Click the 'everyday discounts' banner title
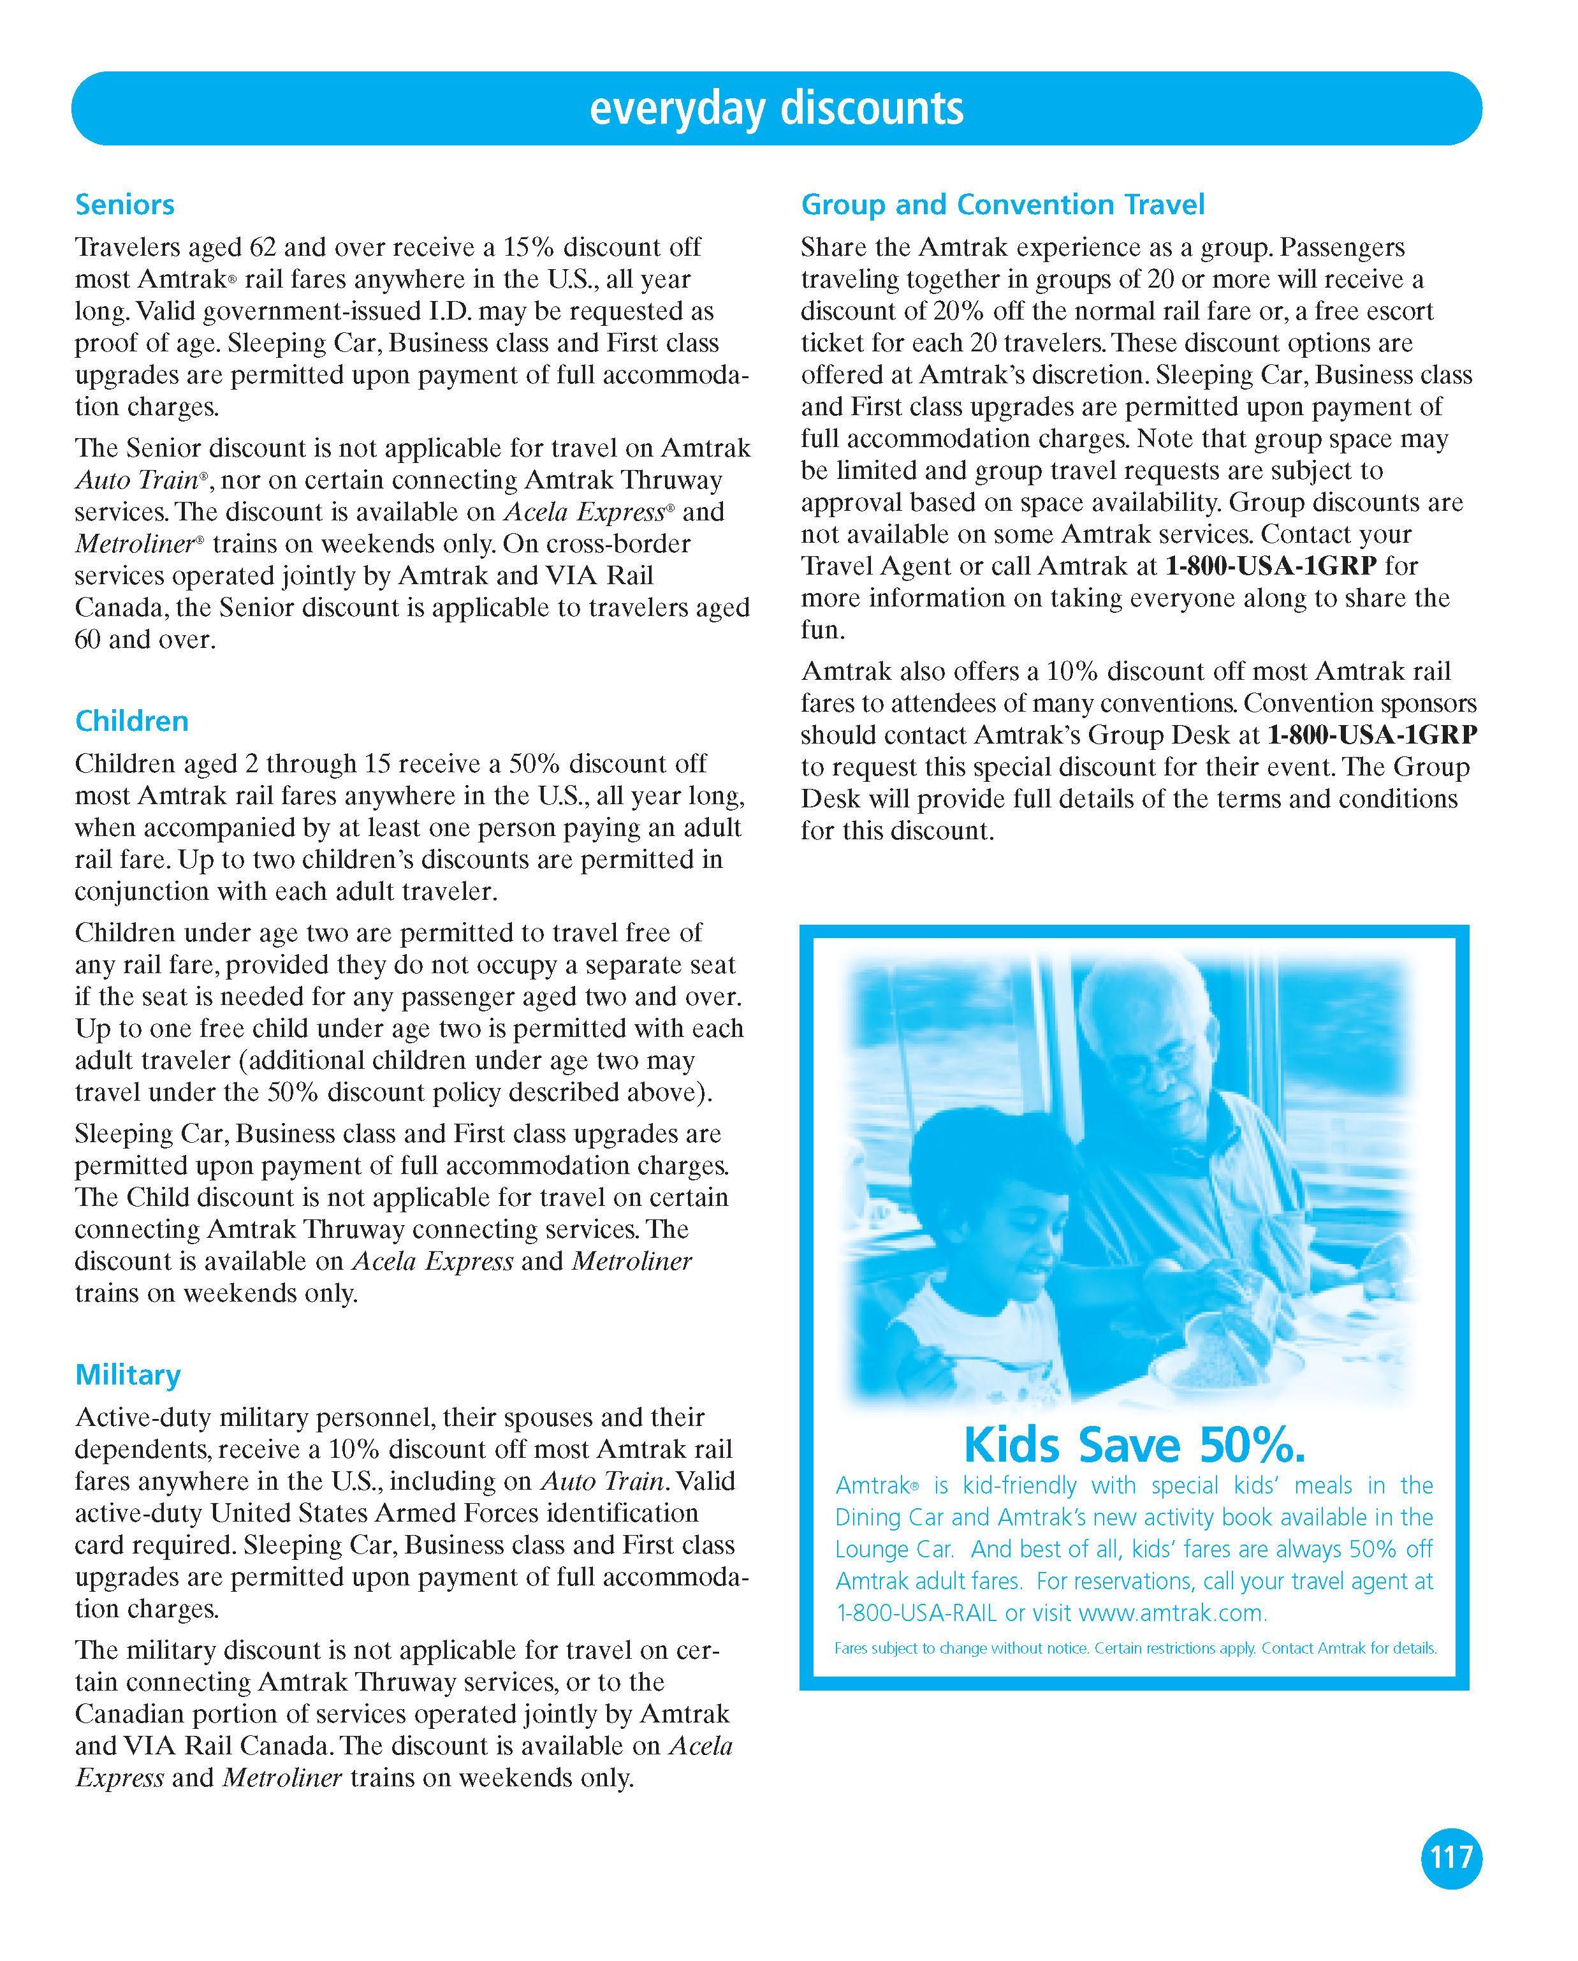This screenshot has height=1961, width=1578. pyautogui.click(x=776, y=108)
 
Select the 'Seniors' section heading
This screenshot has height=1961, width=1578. pyautogui.click(x=124, y=205)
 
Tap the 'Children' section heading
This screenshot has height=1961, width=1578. pyautogui.click(x=132, y=721)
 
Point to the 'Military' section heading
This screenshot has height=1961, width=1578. pyautogui.click(x=128, y=1374)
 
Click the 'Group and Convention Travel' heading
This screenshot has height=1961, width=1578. pyautogui.click(x=1002, y=205)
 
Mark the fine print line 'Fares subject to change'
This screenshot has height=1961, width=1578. pyautogui.click(x=1135, y=1648)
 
